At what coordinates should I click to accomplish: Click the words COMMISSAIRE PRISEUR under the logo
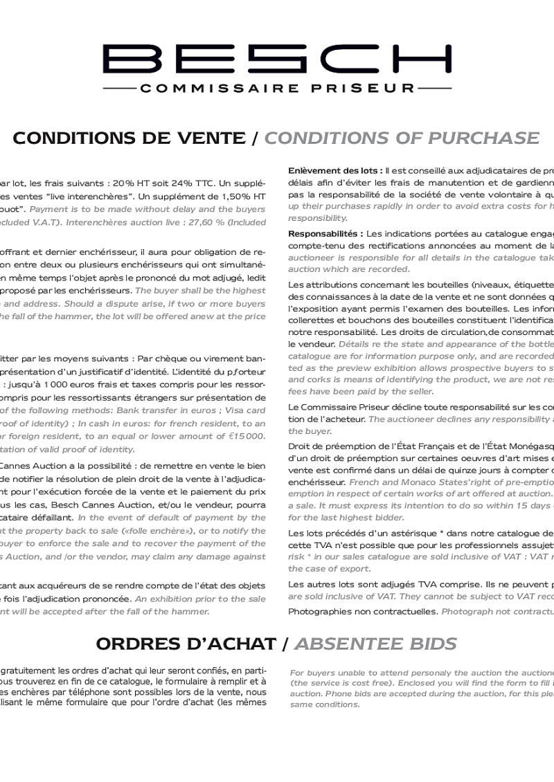(277, 89)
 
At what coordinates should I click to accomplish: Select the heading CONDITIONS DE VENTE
(129, 138)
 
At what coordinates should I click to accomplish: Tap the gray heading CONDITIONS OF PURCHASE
(402, 138)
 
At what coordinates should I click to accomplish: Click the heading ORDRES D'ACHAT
(185, 644)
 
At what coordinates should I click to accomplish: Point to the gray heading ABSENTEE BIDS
(375, 644)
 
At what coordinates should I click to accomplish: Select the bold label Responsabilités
(325, 234)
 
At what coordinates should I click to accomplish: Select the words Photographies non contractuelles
(362, 611)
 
